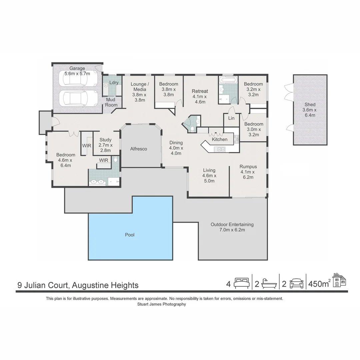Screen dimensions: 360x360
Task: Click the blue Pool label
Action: (130, 235)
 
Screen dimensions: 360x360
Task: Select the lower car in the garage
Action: (74, 98)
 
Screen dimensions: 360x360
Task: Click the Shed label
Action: (310, 104)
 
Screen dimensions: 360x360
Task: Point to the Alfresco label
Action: (139, 149)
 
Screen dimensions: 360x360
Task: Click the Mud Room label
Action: (111, 102)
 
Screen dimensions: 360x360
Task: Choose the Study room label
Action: (105, 140)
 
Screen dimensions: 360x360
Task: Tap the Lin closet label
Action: (231, 118)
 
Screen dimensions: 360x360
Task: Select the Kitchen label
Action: (220, 139)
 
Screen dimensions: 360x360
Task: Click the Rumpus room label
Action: (248, 167)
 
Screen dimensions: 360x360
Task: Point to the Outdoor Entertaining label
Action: (232, 224)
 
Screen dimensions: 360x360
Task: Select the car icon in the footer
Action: (296, 284)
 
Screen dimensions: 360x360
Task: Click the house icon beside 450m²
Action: (339, 280)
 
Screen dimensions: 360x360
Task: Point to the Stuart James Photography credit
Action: (161, 304)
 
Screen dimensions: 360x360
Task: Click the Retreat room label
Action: (200, 91)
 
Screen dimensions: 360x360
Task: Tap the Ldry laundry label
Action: (114, 83)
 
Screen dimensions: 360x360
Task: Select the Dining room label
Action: (176, 143)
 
